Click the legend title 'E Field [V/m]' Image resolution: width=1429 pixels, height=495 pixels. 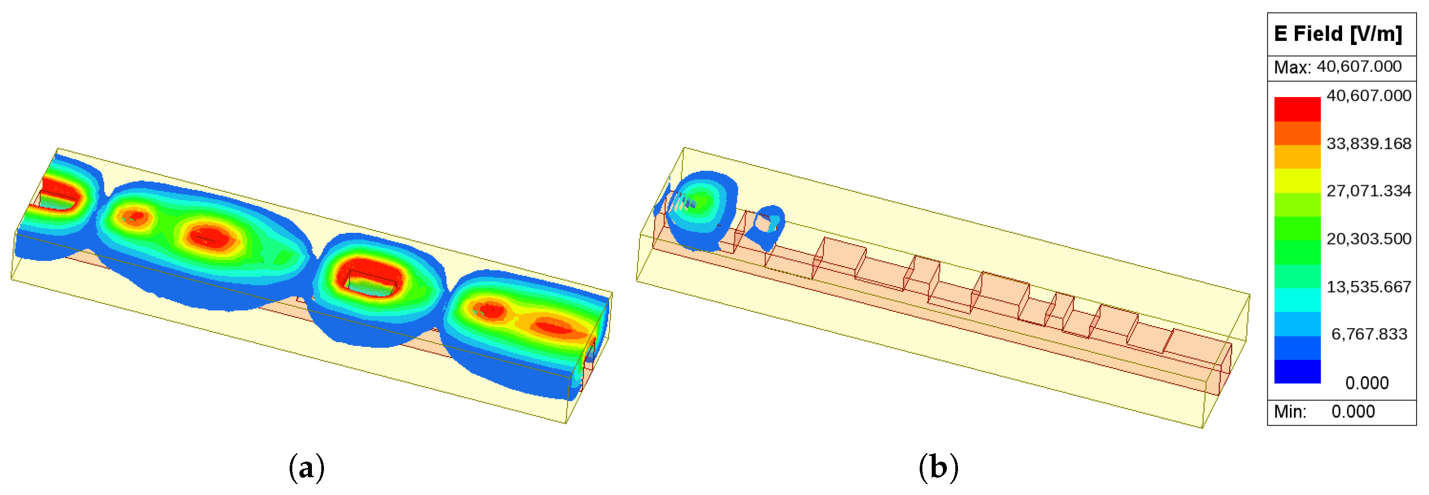click(1338, 34)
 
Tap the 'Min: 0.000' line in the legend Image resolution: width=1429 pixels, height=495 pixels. click(1324, 412)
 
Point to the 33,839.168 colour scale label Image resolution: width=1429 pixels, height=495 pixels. click(1368, 144)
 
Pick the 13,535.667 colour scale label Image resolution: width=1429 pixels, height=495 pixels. click(1368, 287)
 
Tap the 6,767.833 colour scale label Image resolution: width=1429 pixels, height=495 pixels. click(1369, 334)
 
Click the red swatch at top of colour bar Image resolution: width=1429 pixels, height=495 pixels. click(1297, 109)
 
